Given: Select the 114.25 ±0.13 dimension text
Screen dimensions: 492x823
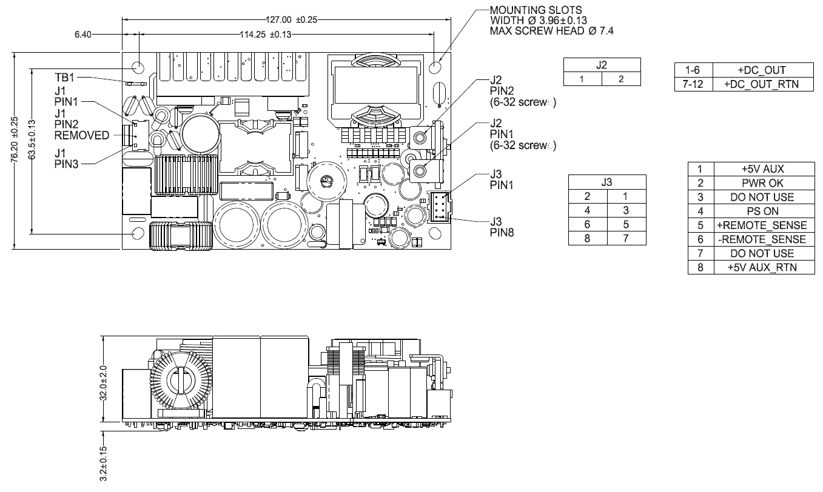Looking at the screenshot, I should pos(266,35).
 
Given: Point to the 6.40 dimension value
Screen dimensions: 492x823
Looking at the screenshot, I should pos(84,35).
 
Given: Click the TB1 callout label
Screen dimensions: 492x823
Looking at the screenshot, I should pos(66,78).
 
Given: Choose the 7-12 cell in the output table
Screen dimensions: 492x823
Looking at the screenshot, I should pos(693,84).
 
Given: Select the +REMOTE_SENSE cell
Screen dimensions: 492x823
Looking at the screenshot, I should pos(762,225).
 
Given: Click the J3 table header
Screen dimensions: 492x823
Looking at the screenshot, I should pos(606,181).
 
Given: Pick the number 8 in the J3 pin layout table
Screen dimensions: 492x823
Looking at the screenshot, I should pos(586,238).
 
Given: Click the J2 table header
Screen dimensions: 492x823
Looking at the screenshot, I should pos(602,65).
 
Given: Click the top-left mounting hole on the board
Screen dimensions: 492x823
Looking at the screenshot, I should pos(138,65).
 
